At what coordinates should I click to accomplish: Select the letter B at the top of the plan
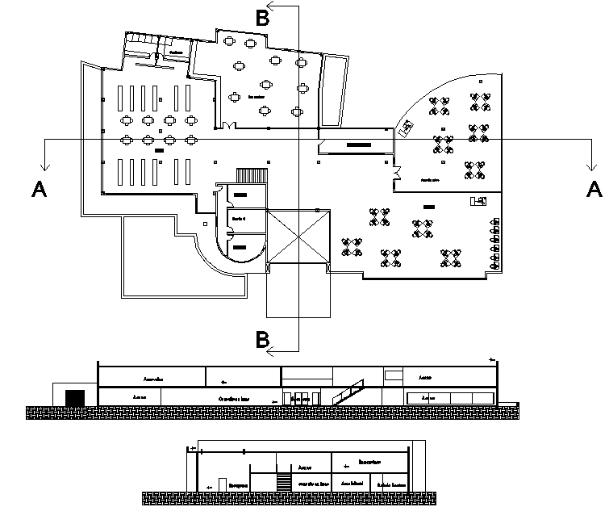tap(262, 18)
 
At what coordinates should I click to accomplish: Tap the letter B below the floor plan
tap(262, 339)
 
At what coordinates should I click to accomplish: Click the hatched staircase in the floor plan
tap(251, 175)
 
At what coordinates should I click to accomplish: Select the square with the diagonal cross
tap(298, 237)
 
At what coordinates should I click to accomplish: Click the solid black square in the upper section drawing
tap(74, 396)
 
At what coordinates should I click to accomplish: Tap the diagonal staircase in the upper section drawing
tap(348, 392)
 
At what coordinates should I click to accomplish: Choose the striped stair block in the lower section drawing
tap(283, 481)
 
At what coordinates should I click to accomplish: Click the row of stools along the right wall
tap(494, 244)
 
